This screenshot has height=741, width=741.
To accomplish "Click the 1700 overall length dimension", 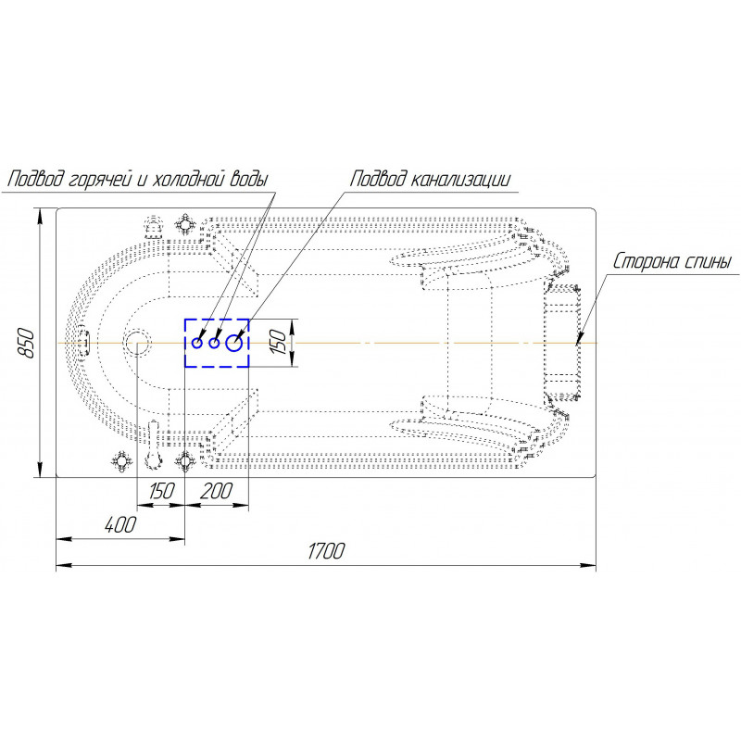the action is (x=326, y=551).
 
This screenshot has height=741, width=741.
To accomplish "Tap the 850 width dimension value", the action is (x=27, y=342).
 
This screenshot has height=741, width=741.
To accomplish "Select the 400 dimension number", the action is (x=120, y=524).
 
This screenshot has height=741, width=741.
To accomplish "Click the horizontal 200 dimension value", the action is (x=217, y=491).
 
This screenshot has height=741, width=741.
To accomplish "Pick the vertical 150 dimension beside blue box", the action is (x=278, y=343).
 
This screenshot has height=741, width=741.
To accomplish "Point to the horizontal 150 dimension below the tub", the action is (x=161, y=491).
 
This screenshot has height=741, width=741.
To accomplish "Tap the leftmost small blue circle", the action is (x=197, y=343).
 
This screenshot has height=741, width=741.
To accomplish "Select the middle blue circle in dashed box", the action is (x=215, y=344).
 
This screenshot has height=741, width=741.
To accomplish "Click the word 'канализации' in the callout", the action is (x=459, y=180).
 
